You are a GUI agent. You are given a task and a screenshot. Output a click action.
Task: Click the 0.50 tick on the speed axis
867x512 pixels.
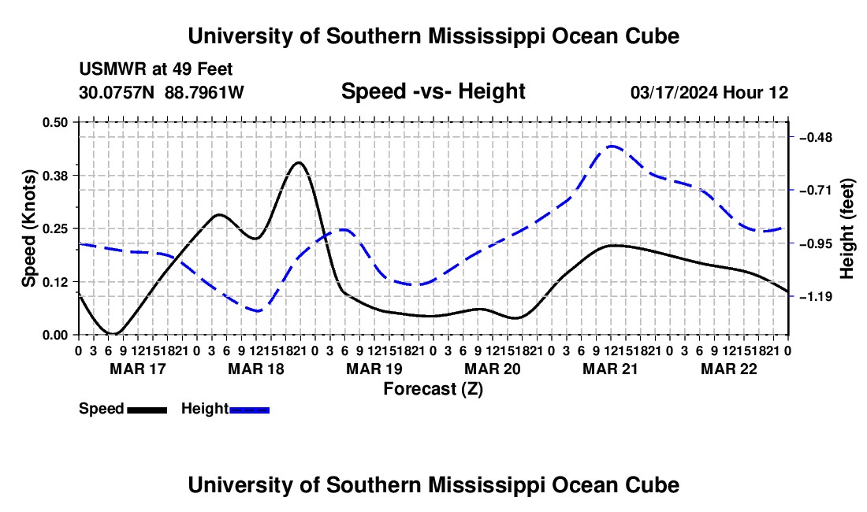[54, 122]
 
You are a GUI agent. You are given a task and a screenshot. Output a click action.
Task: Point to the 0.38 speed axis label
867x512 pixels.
[54, 176]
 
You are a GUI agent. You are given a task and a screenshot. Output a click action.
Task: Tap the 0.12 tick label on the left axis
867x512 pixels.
[54, 282]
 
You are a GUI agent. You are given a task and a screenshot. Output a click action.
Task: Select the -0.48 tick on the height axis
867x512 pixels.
[816, 137]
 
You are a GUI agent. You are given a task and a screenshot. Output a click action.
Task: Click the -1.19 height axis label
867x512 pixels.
[816, 297]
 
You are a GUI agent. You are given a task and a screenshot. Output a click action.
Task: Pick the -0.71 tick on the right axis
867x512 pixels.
[816, 191]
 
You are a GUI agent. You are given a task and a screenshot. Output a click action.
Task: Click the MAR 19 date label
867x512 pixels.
[374, 369]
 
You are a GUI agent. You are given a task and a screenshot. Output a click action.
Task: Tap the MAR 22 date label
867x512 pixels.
[729, 369]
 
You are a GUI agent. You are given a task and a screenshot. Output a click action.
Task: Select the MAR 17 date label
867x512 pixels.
[138, 369]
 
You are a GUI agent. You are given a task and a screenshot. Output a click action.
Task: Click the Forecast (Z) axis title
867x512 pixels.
[433, 389]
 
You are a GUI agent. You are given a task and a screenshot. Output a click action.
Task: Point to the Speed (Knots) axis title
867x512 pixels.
[28, 228]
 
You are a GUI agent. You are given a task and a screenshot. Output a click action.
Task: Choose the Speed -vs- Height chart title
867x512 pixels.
[433, 91]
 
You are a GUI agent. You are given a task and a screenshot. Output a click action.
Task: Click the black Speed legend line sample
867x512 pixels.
[147, 410]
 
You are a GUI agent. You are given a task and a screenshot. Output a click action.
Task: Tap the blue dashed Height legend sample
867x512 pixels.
[249, 410]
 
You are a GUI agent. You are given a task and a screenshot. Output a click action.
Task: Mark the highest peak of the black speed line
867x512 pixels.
[300, 162]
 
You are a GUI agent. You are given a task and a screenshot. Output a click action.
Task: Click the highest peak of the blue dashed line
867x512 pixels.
[612, 147]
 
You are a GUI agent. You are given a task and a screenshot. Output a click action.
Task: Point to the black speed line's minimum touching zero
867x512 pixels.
[114, 334]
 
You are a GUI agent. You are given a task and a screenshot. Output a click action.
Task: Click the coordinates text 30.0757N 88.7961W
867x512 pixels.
[161, 92]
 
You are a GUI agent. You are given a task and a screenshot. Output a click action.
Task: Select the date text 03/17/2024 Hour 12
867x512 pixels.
[709, 92]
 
